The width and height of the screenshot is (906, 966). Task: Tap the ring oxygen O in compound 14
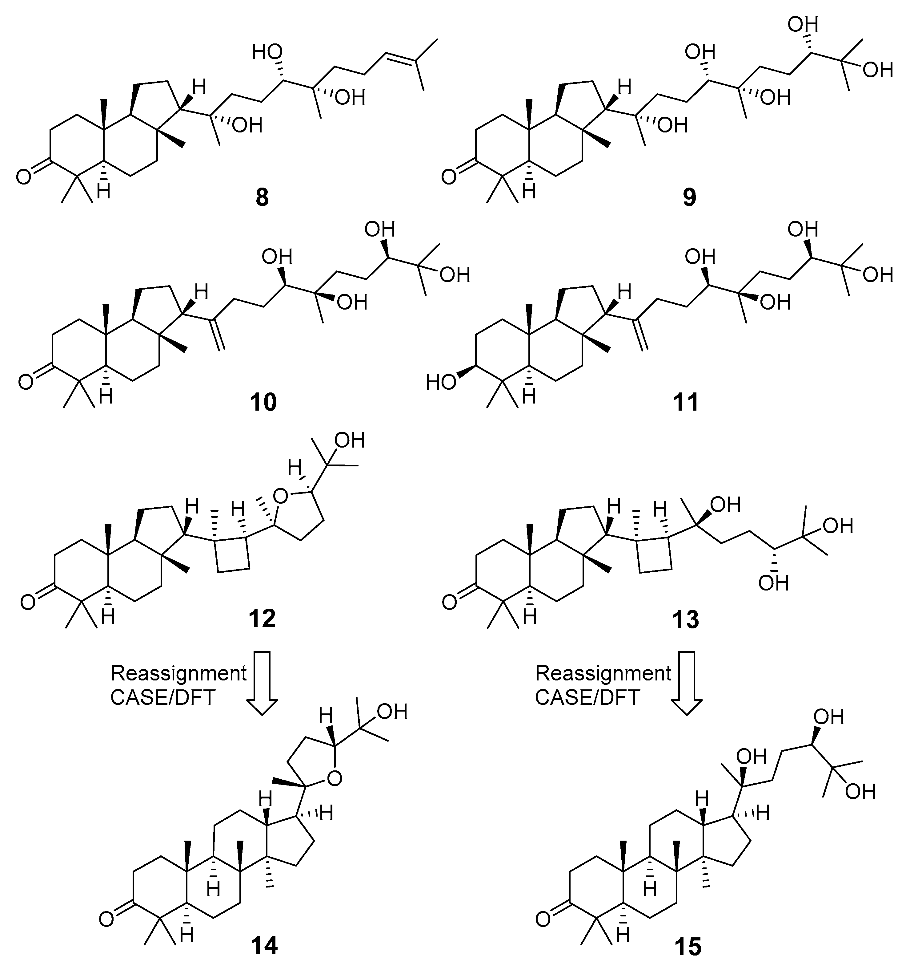(x=333, y=779)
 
